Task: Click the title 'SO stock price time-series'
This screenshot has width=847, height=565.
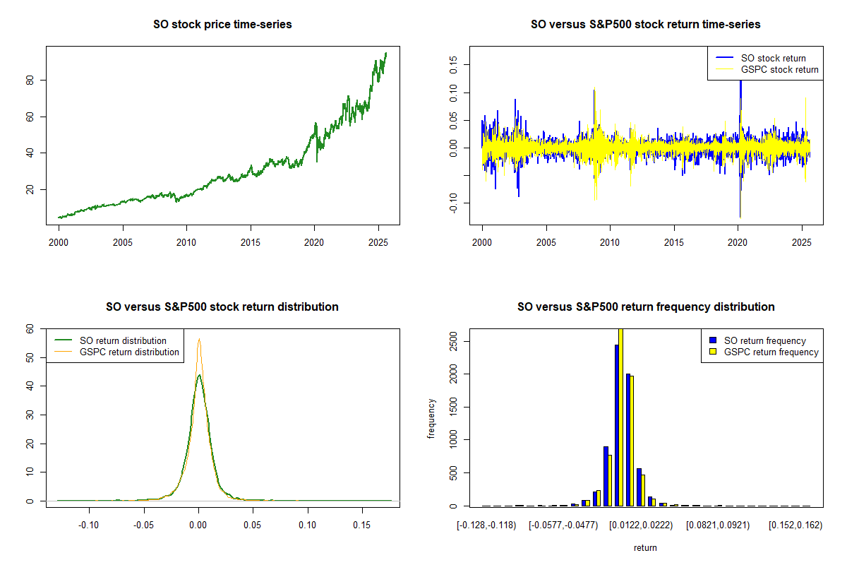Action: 222,25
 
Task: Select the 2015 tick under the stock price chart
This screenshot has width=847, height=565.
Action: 251,241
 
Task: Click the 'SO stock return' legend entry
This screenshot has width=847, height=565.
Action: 773,58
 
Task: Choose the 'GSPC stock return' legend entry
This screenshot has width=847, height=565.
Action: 779,69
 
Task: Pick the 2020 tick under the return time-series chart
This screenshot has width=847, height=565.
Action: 738,241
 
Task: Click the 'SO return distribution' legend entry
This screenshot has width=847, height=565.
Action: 123,340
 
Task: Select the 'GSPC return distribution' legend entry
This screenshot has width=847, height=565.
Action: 129,352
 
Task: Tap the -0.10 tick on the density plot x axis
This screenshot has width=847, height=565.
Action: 88,525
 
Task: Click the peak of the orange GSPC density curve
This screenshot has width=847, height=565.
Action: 199,339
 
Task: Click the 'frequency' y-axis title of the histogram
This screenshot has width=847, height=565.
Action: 431,417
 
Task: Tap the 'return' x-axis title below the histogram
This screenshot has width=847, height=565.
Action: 645,547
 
